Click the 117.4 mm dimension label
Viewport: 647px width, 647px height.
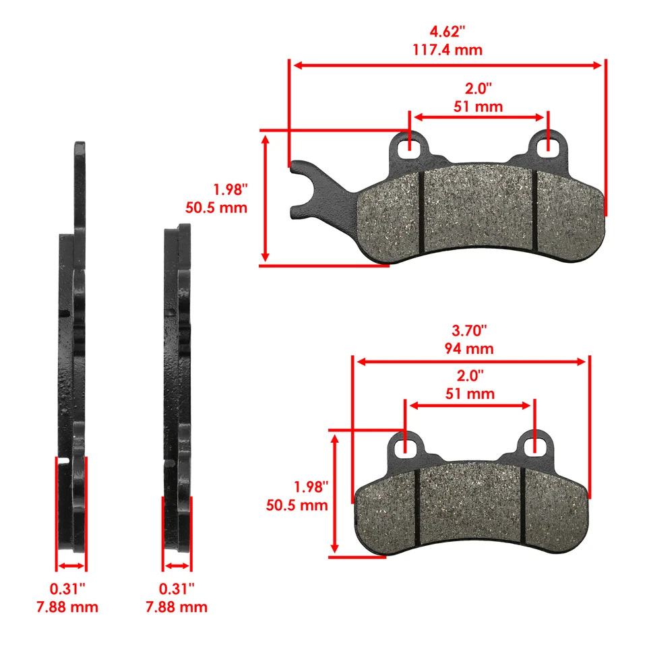coord(448,50)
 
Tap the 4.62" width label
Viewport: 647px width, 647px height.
coord(448,32)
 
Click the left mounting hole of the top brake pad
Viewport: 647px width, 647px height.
coord(410,146)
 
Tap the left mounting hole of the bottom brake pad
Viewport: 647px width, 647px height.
coord(405,445)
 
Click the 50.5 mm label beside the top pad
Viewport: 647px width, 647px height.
coord(217,207)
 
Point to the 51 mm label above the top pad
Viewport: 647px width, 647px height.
coord(479,106)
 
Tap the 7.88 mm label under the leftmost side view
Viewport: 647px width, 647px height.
coord(67,607)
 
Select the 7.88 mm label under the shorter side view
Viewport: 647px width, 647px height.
coord(176,607)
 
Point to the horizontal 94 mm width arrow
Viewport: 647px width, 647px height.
coord(472,362)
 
